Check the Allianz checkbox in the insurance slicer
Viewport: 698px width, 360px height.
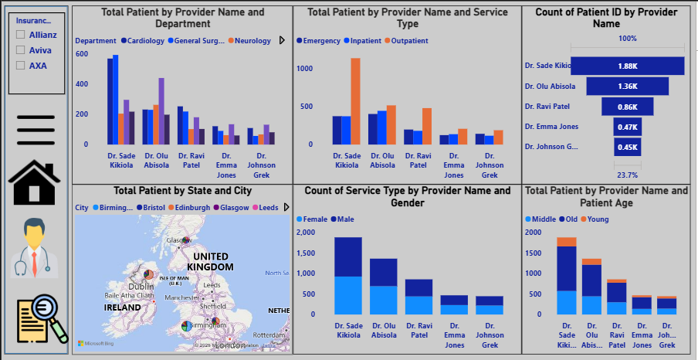coord(21,36)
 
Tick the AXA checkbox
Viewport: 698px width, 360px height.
coord(21,66)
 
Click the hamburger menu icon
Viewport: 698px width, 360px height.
coord(36,129)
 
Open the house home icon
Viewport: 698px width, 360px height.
coord(36,182)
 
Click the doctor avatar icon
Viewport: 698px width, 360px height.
coord(36,247)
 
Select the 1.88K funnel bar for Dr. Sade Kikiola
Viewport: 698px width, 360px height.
coord(632,66)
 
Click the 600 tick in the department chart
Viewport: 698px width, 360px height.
coord(82,54)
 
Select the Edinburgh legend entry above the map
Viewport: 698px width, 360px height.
coord(190,208)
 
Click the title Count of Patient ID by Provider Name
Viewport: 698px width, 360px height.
coord(606,18)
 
